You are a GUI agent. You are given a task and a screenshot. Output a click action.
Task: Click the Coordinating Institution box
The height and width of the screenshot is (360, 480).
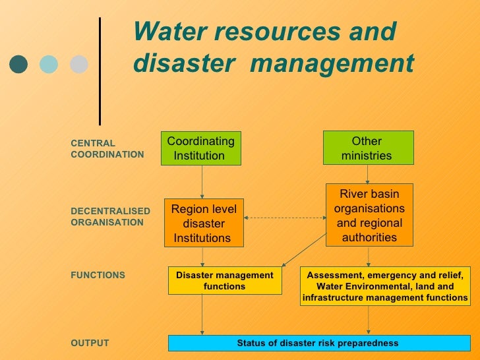201,148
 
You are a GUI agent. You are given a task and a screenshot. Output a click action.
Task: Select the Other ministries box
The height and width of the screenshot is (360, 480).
368,148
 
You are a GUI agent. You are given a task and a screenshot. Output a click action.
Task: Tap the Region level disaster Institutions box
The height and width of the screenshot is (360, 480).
203,223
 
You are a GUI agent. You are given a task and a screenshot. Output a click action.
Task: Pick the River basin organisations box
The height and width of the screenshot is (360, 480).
369,214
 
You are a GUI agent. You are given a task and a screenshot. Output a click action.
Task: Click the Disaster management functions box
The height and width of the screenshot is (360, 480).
225,281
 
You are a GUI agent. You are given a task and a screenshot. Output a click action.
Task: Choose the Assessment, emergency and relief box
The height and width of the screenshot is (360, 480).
386,286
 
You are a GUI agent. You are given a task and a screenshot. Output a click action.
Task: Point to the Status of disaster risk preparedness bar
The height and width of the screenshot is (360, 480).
317,343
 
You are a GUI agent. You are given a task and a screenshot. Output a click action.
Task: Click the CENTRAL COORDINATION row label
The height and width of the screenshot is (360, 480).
106,148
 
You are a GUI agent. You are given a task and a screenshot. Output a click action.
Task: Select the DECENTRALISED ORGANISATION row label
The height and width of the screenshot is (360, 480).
109,216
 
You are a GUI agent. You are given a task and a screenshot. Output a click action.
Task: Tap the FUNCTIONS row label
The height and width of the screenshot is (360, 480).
97,275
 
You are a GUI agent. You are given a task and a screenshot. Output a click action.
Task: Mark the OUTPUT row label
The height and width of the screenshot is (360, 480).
89,343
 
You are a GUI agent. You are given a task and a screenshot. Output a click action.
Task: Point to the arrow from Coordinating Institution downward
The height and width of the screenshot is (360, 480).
202,181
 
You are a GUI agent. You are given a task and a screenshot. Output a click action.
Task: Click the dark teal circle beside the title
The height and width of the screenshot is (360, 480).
18,64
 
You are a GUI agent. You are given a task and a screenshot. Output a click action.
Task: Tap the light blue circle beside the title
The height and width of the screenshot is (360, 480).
49,64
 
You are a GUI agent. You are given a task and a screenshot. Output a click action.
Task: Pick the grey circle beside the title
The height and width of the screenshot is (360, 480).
79,64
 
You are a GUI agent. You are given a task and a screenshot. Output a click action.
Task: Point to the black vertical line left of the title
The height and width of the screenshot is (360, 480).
100,71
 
